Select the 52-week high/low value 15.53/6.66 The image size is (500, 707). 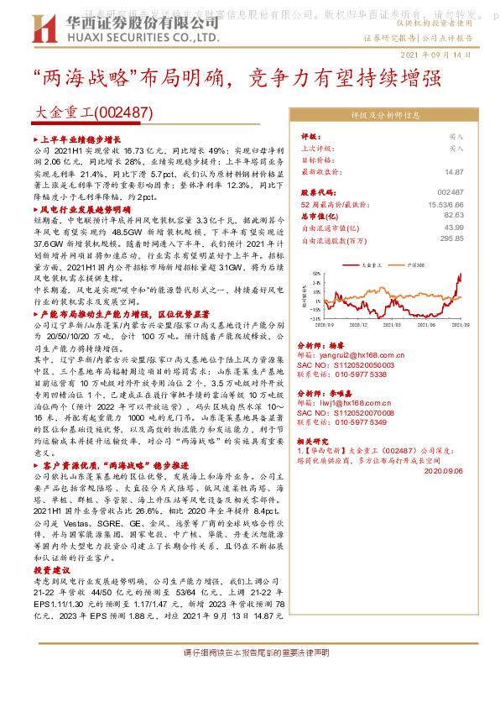446,204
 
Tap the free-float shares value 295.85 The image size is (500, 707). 452,239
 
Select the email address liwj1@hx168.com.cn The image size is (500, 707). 357,403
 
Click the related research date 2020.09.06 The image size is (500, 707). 444,471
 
